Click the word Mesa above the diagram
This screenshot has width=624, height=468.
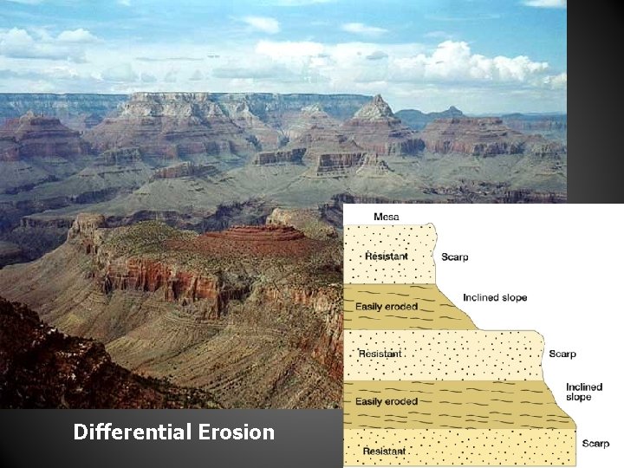coord(387,216)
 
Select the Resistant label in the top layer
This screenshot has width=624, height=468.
coord(386,256)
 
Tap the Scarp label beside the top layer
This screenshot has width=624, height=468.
coord(454,257)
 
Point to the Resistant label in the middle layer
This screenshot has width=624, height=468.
coord(379,354)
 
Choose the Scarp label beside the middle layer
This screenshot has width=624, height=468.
coord(562,354)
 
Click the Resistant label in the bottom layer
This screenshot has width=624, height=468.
coord(385,451)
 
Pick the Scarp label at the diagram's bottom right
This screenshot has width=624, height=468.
coord(595,444)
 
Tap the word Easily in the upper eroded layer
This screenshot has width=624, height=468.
coord(370,306)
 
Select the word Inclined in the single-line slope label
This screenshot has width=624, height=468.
coord(482,297)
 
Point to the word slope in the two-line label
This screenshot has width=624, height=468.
coord(578,397)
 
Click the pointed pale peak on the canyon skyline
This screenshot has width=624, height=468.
coord(375,107)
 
